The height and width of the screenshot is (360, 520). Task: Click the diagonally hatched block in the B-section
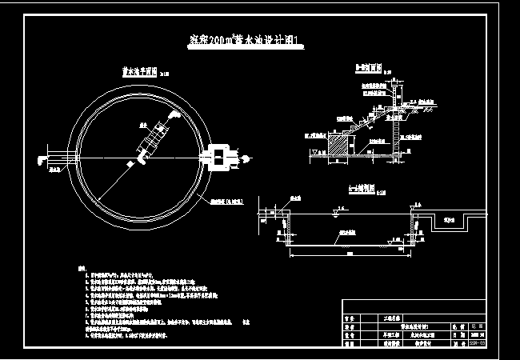(x=338, y=145)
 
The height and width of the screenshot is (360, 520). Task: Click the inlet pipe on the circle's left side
(x=58, y=156)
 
